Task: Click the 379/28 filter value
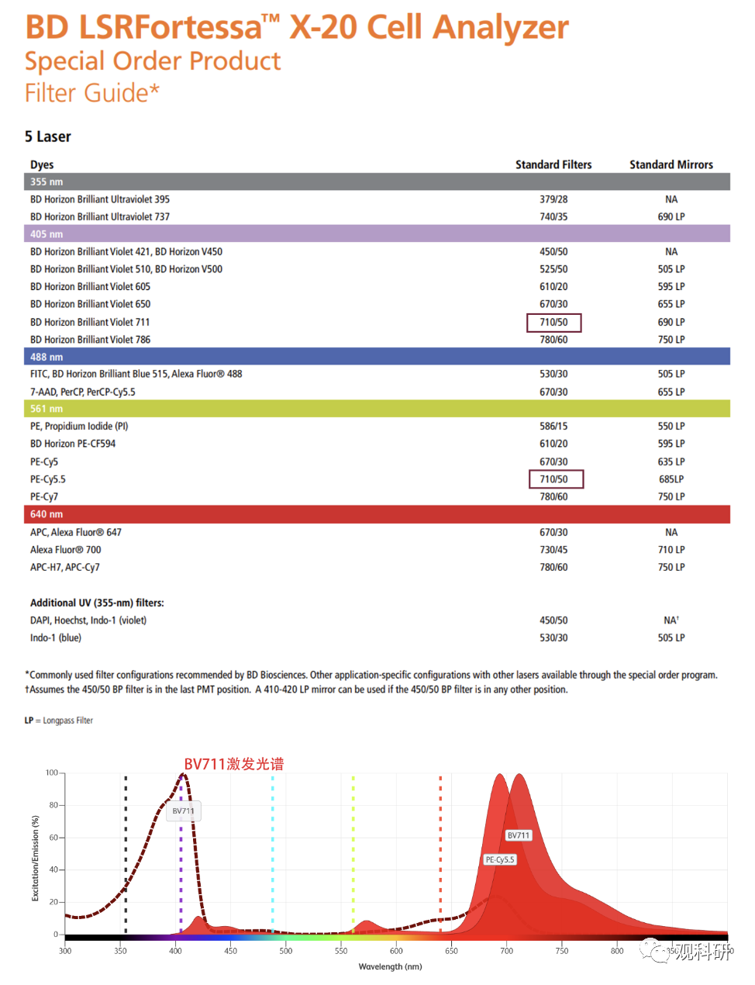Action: [x=553, y=199]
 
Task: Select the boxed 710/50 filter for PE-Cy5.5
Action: [x=555, y=479]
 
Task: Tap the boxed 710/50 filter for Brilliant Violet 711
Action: [x=553, y=322]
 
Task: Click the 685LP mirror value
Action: [x=671, y=479]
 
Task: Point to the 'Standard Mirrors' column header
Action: [x=671, y=164]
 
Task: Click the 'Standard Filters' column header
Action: [x=553, y=164]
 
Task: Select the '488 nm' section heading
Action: [x=47, y=357]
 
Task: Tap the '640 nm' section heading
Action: [x=47, y=514]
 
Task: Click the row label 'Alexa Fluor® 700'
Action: [x=66, y=550]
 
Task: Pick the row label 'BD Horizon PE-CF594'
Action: [x=73, y=444]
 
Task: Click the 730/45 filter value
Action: [x=553, y=550]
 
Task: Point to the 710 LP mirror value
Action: [x=671, y=550]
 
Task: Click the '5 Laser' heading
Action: [x=48, y=137]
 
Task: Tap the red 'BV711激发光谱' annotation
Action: [x=233, y=764]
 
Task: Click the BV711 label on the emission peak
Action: [x=519, y=835]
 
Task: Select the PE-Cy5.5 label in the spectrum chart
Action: [x=500, y=859]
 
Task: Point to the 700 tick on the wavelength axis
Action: [x=506, y=951]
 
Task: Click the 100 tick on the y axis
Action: [x=51, y=772]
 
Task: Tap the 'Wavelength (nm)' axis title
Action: [x=390, y=966]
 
